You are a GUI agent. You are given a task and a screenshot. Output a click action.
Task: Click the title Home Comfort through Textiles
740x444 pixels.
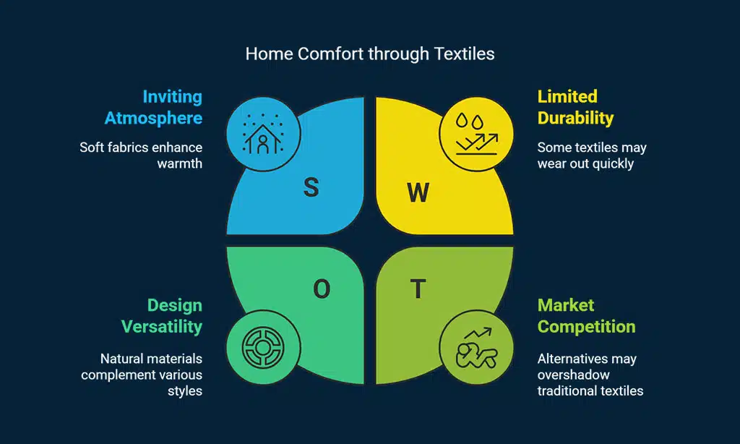point(370,54)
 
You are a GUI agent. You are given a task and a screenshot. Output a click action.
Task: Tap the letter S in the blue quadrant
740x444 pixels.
point(311,187)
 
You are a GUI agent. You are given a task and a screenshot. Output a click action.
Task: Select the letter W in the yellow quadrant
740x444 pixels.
point(418,192)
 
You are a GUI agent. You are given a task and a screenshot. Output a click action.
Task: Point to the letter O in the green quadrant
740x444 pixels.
point(322,289)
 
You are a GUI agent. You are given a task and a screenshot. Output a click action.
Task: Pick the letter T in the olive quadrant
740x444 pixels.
point(418,289)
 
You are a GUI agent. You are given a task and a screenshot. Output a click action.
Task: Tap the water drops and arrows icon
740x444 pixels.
point(477,135)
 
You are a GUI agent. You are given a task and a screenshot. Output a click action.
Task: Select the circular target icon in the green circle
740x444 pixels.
point(263,347)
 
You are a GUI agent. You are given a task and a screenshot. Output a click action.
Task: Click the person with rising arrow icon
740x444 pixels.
point(477,348)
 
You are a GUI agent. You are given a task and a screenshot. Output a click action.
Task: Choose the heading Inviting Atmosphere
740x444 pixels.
point(153,107)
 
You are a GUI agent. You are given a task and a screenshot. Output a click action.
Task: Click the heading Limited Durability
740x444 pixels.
point(576,107)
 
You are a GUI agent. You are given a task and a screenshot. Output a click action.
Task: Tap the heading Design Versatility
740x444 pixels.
point(162,316)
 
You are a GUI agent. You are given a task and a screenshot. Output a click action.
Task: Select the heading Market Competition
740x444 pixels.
point(587,316)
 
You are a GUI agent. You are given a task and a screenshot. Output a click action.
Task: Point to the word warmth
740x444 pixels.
point(180,163)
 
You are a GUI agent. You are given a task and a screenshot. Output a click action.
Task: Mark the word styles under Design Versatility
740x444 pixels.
point(185,391)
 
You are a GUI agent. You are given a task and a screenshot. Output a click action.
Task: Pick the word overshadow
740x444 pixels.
point(573,375)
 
